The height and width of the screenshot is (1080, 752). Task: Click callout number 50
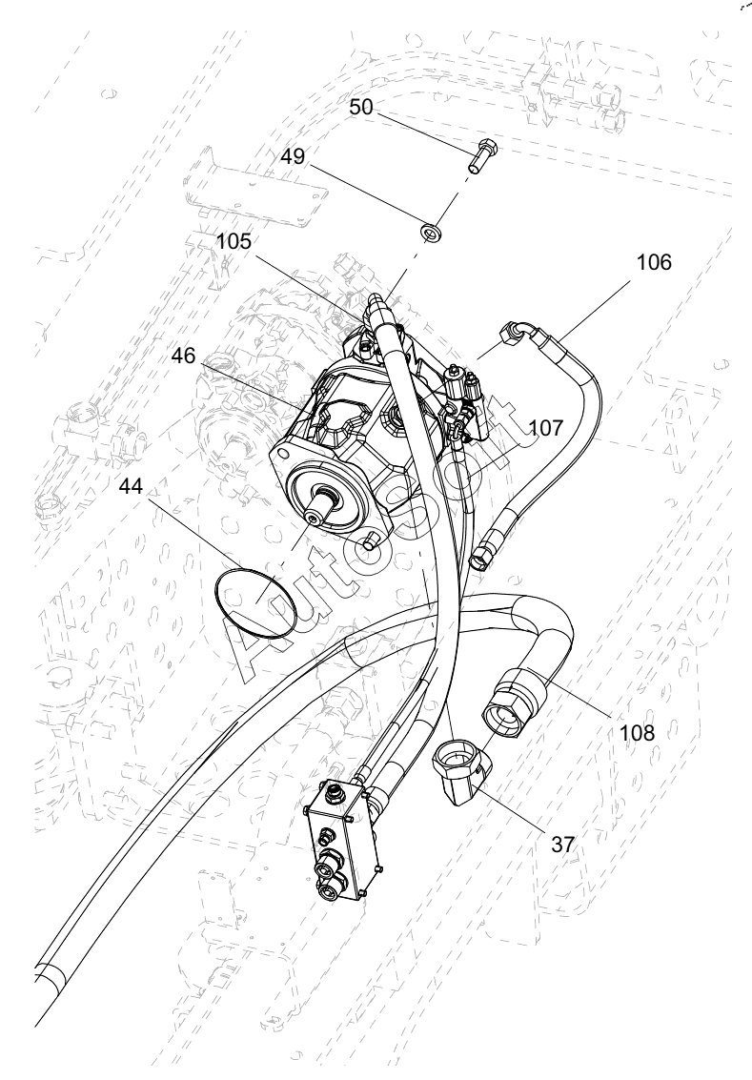click(361, 107)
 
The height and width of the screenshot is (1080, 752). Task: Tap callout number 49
click(292, 156)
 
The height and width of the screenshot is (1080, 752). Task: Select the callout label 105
click(234, 241)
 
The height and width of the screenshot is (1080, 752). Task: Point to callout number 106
click(653, 262)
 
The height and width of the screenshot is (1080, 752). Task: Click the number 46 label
click(184, 356)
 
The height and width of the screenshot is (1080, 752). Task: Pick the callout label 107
click(546, 428)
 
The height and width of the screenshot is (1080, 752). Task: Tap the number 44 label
click(131, 485)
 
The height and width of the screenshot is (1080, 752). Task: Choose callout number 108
click(637, 732)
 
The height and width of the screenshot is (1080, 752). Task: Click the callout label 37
click(562, 845)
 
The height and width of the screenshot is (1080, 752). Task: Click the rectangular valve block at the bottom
click(341, 842)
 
